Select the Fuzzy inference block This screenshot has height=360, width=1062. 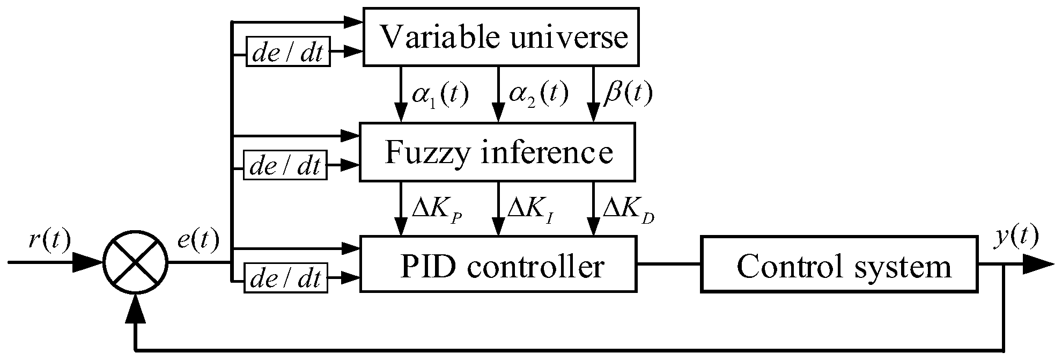pos(497,152)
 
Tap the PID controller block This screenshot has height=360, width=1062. pos(498,265)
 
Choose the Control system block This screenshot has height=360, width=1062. pos(839,265)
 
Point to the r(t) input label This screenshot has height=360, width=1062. pos(49,241)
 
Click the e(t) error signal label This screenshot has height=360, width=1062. pos(198,241)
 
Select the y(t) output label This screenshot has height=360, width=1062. pos(1016,237)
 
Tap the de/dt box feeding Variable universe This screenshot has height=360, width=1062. pos(288,52)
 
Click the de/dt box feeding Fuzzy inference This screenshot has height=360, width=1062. pos(285,165)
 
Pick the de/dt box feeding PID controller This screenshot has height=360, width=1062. pos(285,278)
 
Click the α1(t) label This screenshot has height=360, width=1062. pos(440,94)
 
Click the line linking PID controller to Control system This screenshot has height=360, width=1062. pos(669,264)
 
